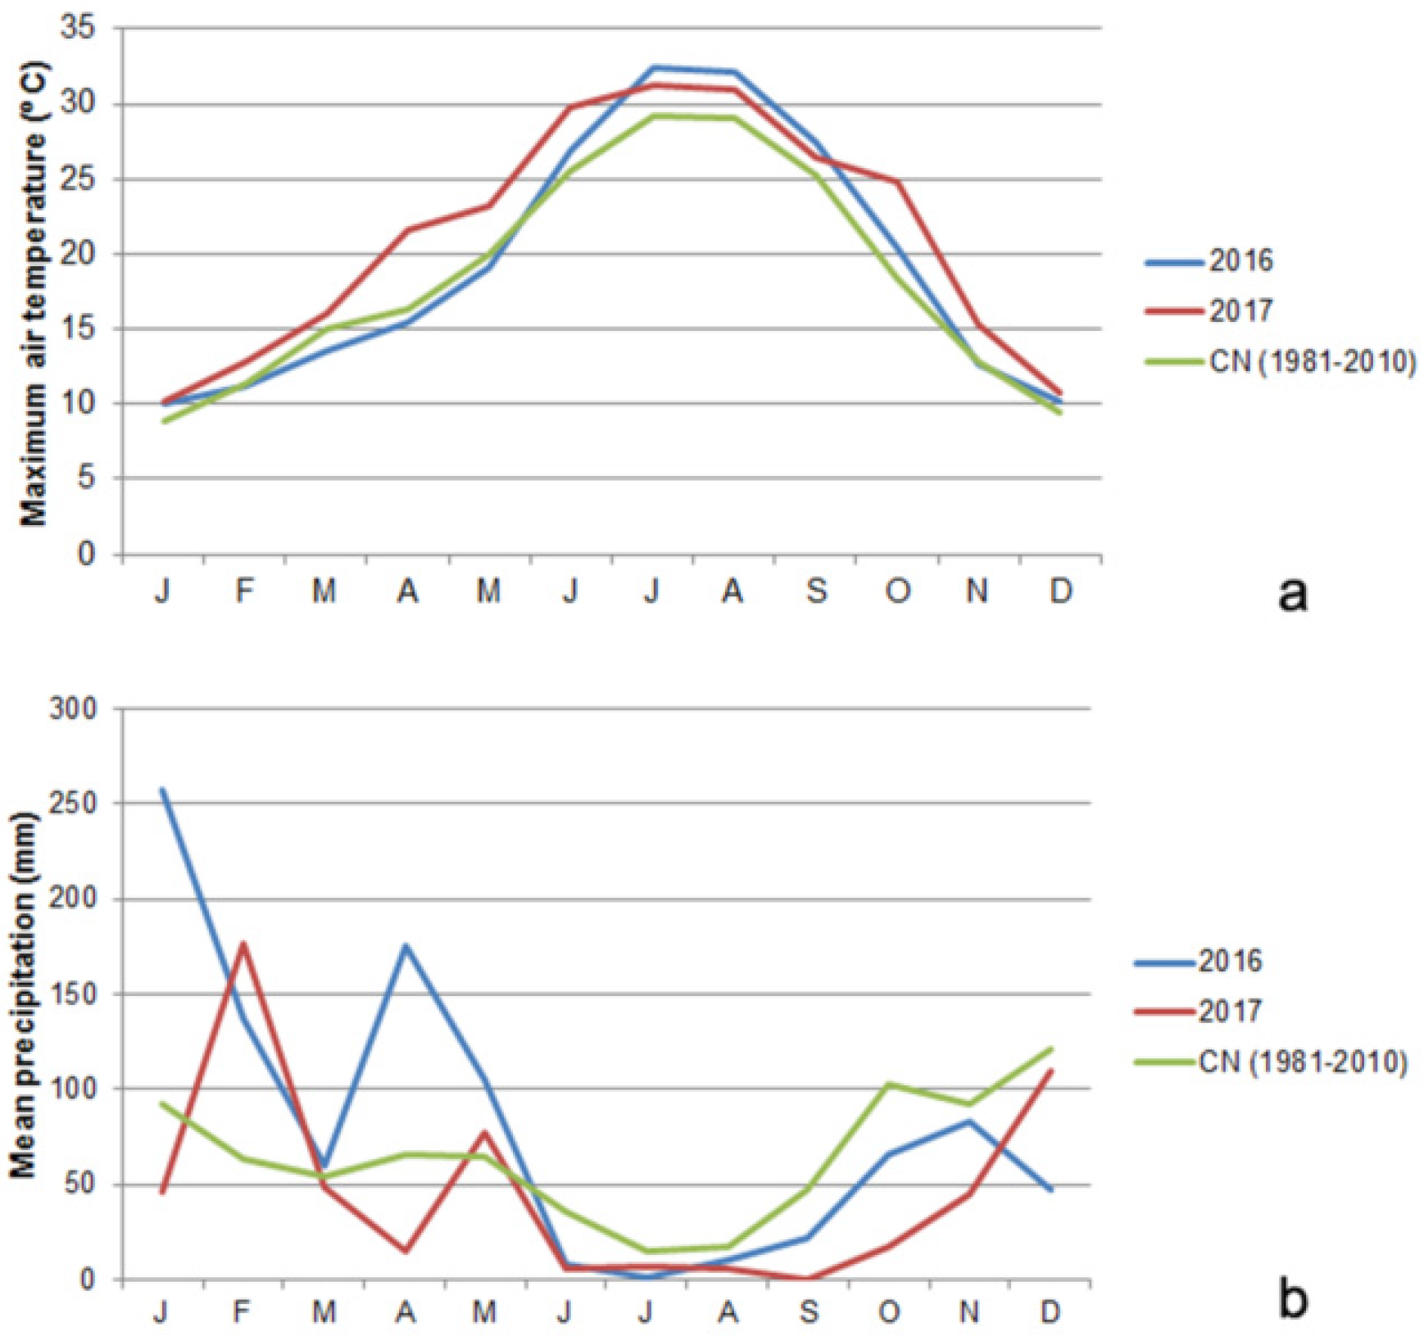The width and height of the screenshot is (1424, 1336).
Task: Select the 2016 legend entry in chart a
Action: point(1240,260)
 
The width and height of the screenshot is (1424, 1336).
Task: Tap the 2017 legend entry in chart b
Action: point(1230,1011)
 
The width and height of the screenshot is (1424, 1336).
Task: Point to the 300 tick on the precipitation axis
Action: point(74,709)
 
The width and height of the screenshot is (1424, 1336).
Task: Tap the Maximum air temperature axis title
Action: point(34,293)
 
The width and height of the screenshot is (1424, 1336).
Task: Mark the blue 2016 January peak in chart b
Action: point(162,790)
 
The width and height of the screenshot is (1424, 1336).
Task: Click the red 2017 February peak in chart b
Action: point(243,944)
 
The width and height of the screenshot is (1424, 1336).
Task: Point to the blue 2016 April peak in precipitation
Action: point(406,945)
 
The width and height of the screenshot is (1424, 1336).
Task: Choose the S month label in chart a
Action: point(815,590)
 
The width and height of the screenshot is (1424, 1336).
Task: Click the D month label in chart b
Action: point(1050,1312)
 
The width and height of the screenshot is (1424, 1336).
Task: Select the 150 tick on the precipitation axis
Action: point(74,994)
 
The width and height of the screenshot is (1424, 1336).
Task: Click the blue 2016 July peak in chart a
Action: point(653,67)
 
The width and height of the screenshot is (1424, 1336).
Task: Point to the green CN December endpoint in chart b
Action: point(1050,1048)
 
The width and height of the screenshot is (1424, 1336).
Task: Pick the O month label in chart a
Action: point(897,590)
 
